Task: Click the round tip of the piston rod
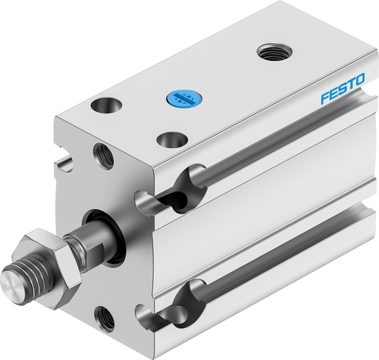13,284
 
